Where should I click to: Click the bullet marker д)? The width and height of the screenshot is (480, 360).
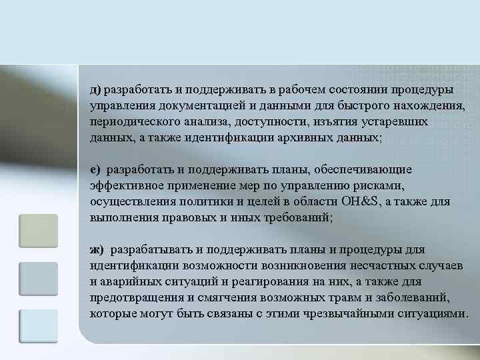pyautogui.click(x=95, y=89)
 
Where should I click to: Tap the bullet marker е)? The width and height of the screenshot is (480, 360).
pyautogui.click(x=95, y=169)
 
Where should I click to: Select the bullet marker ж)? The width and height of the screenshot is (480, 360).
pyautogui.click(x=97, y=249)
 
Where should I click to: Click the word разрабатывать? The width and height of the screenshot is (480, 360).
pyautogui.click(x=152, y=249)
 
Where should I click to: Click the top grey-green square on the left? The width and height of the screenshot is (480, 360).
pyautogui.click(x=39, y=231)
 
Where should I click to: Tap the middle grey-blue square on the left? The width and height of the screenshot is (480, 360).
pyautogui.click(x=39, y=278)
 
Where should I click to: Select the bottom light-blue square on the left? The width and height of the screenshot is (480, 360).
pyautogui.click(x=39, y=326)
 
